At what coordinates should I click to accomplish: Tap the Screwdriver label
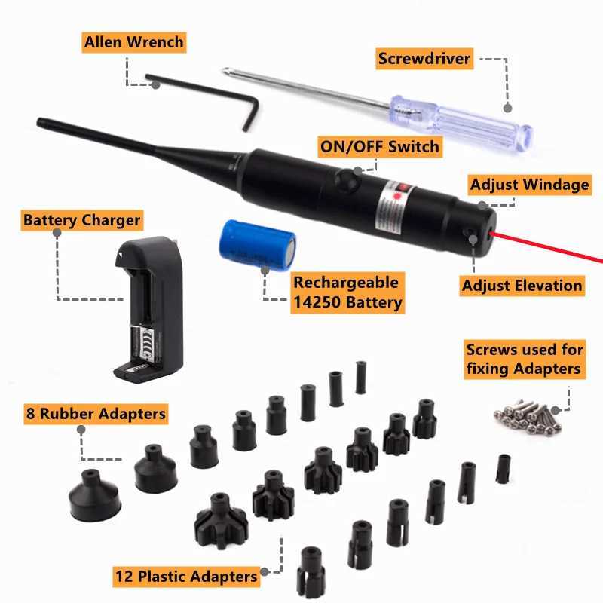[424, 59]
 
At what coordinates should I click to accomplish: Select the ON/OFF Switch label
[379, 146]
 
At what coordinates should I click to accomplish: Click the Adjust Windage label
[529, 184]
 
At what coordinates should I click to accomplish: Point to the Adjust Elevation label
[522, 285]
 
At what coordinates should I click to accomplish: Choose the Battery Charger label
[81, 220]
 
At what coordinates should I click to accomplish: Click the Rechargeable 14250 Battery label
[347, 293]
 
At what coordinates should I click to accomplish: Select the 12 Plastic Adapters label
[186, 577]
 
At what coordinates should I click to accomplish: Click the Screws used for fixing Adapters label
[525, 359]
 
